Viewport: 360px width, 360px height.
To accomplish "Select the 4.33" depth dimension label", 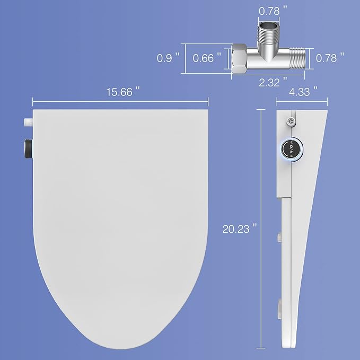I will (303, 91).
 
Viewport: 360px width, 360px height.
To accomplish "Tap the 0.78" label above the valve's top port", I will (273, 10).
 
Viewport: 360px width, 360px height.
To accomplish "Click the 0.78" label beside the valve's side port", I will (330, 58).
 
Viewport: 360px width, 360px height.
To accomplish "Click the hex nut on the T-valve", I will (239, 58).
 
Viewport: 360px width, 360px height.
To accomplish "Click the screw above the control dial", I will (289, 121).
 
